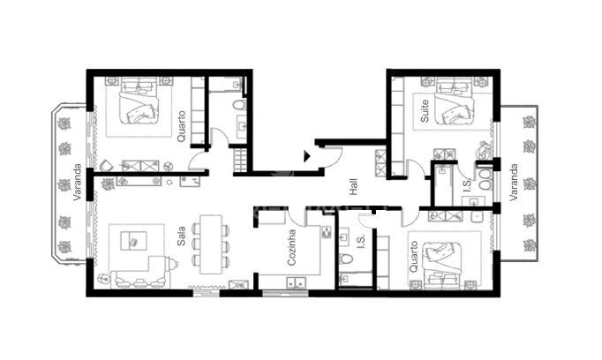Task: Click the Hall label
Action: click(354, 186)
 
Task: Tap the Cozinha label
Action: click(291, 248)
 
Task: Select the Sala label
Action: click(181, 236)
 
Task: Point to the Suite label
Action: click(425, 111)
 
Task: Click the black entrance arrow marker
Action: click(307, 156)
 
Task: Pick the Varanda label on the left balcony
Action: click(78, 182)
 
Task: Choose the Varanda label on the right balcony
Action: click(514, 183)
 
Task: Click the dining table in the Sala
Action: click(211, 244)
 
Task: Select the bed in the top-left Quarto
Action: click(139, 101)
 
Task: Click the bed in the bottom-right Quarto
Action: click(442, 266)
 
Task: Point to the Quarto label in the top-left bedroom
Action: click(181, 126)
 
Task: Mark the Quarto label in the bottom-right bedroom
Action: click(413, 257)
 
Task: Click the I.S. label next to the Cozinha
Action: click(361, 242)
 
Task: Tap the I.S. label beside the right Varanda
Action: click(467, 186)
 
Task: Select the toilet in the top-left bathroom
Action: click(239, 105)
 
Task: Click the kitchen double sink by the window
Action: click(296, 282)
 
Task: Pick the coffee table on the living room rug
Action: click(133, 241)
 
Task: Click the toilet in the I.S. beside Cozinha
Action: click(346, 259)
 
